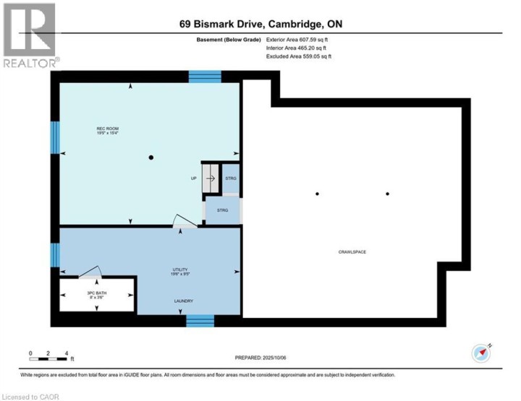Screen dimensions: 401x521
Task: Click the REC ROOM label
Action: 107,131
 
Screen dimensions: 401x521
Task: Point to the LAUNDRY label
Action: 182,301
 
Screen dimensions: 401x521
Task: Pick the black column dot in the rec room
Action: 151,158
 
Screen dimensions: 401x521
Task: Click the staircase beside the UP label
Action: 210,178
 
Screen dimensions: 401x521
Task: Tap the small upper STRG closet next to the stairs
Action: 230,178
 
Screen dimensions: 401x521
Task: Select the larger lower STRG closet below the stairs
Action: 222,210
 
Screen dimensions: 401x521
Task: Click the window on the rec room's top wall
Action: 205,76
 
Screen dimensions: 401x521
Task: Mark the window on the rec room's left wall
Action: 54,137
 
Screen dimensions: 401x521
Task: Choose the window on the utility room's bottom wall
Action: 200,321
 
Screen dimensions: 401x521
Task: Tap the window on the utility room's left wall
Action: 54,255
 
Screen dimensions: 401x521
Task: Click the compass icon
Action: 481,353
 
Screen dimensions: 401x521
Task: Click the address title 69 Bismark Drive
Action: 260,24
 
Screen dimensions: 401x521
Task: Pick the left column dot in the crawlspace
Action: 317,194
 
